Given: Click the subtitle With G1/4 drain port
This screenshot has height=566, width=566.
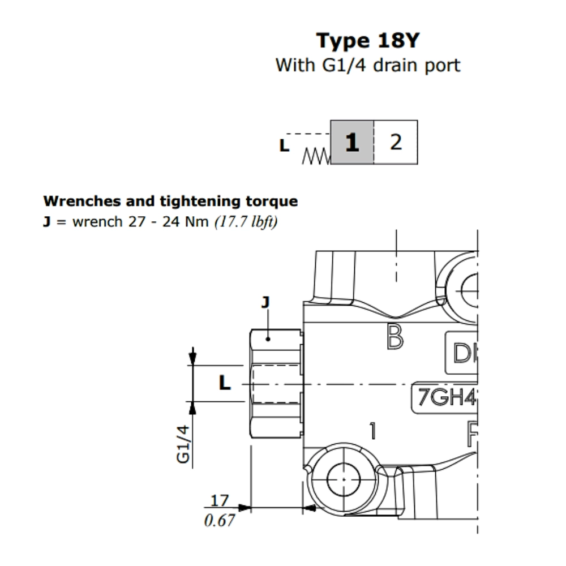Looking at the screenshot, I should tap(367, 65).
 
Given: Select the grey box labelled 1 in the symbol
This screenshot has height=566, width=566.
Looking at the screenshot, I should tap(352, 143).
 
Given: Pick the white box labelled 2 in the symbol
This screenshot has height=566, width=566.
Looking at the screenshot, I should tap(396, 143).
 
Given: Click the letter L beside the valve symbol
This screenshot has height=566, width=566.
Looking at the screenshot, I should tap(284, 146).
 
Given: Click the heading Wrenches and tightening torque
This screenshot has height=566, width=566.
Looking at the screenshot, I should tap(170, 201).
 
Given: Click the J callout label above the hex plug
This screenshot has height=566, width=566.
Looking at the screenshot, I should tap(264, 302).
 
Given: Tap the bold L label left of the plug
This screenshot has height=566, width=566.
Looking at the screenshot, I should tap(225, 384).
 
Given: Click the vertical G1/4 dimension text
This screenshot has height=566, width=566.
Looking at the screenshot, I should tap(183, 445).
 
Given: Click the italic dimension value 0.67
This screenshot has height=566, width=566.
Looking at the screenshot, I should tap(219, 520).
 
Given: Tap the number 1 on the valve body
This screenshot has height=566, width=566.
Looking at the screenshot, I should tap(372, 431).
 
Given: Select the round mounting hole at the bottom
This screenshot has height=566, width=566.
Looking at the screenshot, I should tap(343, 479).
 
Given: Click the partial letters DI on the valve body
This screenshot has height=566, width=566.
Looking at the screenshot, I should tap(462, 354).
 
